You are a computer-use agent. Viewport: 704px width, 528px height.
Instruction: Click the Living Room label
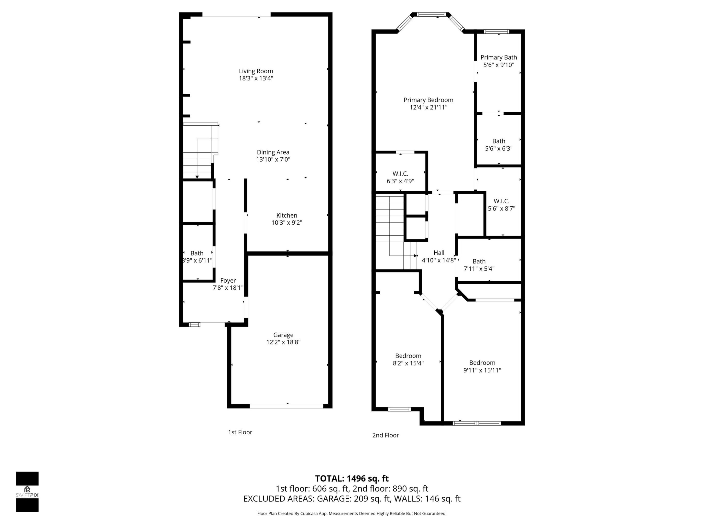(x=256, y=71)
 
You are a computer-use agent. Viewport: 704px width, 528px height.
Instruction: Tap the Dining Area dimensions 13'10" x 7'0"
(x=273, y=159)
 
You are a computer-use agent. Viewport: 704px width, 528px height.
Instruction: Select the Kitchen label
(x=286, y=215)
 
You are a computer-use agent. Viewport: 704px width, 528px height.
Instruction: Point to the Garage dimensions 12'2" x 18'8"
(x=283, y=342)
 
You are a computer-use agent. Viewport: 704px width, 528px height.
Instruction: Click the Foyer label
(x=228, y=280)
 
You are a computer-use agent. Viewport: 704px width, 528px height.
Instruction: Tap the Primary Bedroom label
(x=428, y=100)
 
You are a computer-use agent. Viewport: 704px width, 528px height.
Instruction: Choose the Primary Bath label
(x=498, y=57)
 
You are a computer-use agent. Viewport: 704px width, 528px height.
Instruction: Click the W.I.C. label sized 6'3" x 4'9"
(x=400, y=174)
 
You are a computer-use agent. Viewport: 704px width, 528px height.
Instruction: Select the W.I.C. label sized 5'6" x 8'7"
(x=501, y=201)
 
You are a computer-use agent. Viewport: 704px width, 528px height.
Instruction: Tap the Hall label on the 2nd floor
(x=439, y=253)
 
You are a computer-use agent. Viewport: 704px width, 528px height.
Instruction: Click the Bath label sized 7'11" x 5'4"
(x=479, y=261)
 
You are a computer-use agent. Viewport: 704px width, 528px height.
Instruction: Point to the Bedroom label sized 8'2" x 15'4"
(x=408, y=356)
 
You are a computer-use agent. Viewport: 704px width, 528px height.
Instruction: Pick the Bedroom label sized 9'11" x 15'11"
(x=482, y=363)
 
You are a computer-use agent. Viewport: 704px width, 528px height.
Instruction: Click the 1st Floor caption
(x=240, y=432)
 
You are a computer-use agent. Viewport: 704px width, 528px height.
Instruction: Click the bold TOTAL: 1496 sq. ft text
(x=352, y=478)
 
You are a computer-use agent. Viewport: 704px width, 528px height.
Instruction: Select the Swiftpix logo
(x=27, y=492)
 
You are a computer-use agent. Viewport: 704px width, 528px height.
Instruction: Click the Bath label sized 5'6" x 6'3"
(x=498, y=141)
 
